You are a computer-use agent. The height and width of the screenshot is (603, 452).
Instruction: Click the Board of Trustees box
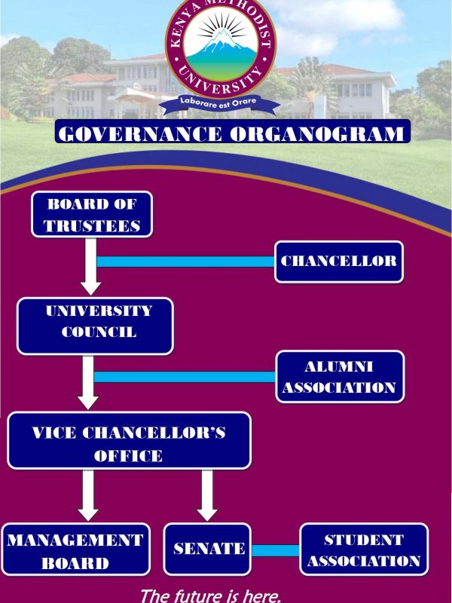(91, 214)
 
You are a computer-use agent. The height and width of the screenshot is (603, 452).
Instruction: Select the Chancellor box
(338, 262)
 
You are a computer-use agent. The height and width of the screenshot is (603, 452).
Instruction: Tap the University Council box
(95, 326)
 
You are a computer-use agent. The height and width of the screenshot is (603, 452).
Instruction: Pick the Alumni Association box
(339, 377)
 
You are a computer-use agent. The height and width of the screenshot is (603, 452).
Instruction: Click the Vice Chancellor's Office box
(129, 443)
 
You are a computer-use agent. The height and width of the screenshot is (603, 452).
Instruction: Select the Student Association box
(364, 549)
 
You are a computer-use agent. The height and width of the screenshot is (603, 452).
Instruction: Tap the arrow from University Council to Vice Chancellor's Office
(89, 382)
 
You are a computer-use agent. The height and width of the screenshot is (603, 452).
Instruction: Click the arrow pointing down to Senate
(208, 494)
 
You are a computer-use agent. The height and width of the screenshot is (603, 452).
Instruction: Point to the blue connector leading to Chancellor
(187, 262)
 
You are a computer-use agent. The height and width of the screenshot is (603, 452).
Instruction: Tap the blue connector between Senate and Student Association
(276, 550)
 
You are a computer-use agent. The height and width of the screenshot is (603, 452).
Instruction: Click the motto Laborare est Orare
(221, 99)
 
